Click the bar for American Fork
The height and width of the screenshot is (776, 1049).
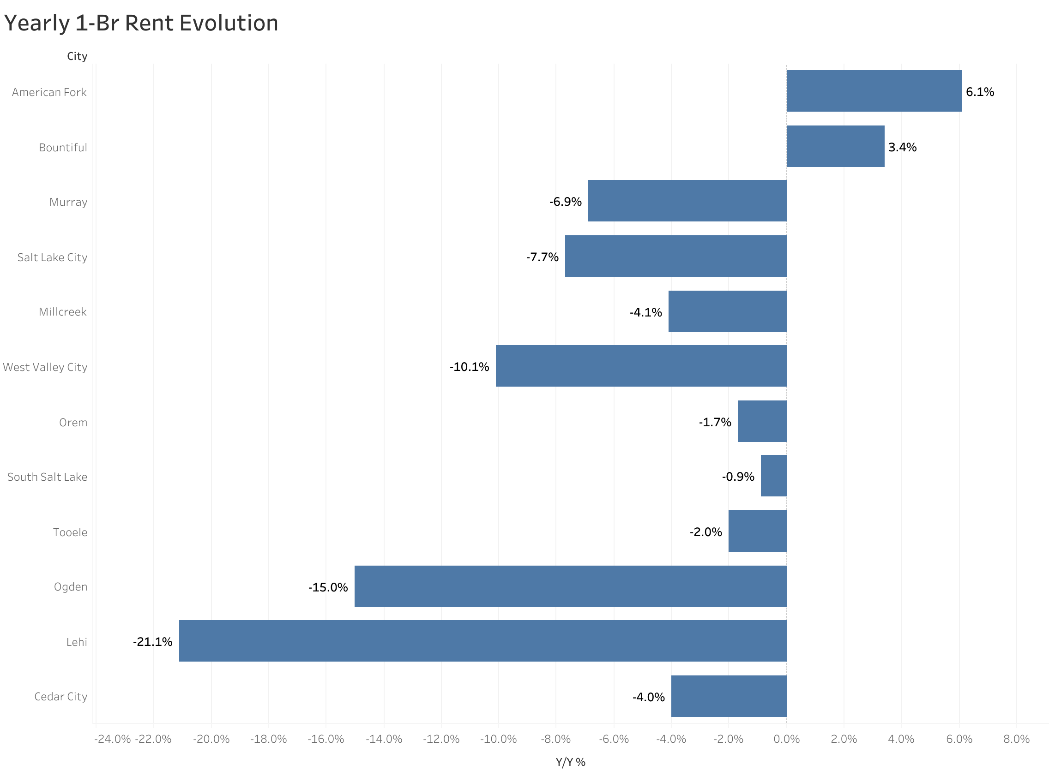point(874,91)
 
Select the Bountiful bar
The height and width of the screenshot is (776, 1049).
point(835,146)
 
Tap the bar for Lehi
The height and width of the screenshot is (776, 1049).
point(482,641)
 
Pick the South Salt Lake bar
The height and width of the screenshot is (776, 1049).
point(773,476)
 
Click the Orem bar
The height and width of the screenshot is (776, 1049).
point(762,421)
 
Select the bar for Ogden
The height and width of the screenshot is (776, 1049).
point(570,586)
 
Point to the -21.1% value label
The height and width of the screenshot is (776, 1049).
point(153,642)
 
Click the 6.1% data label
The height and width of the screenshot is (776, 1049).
point(979,92)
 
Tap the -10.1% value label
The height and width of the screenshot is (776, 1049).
point(469,367)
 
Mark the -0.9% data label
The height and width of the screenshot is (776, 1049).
point(738,477)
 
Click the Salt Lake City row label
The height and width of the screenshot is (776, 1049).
point(52,257)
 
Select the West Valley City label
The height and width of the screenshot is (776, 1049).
point(45,367)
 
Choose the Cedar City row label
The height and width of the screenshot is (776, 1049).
point(60,697)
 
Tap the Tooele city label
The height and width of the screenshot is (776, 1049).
point(70,532)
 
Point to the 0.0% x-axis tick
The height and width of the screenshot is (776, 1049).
point(786,740)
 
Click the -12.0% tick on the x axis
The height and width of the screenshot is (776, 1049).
point(441,740)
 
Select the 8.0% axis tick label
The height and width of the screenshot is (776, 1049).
point(1016,740)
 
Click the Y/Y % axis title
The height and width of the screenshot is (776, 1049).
point(570,762)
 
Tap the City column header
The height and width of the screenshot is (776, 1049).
point(77,56)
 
